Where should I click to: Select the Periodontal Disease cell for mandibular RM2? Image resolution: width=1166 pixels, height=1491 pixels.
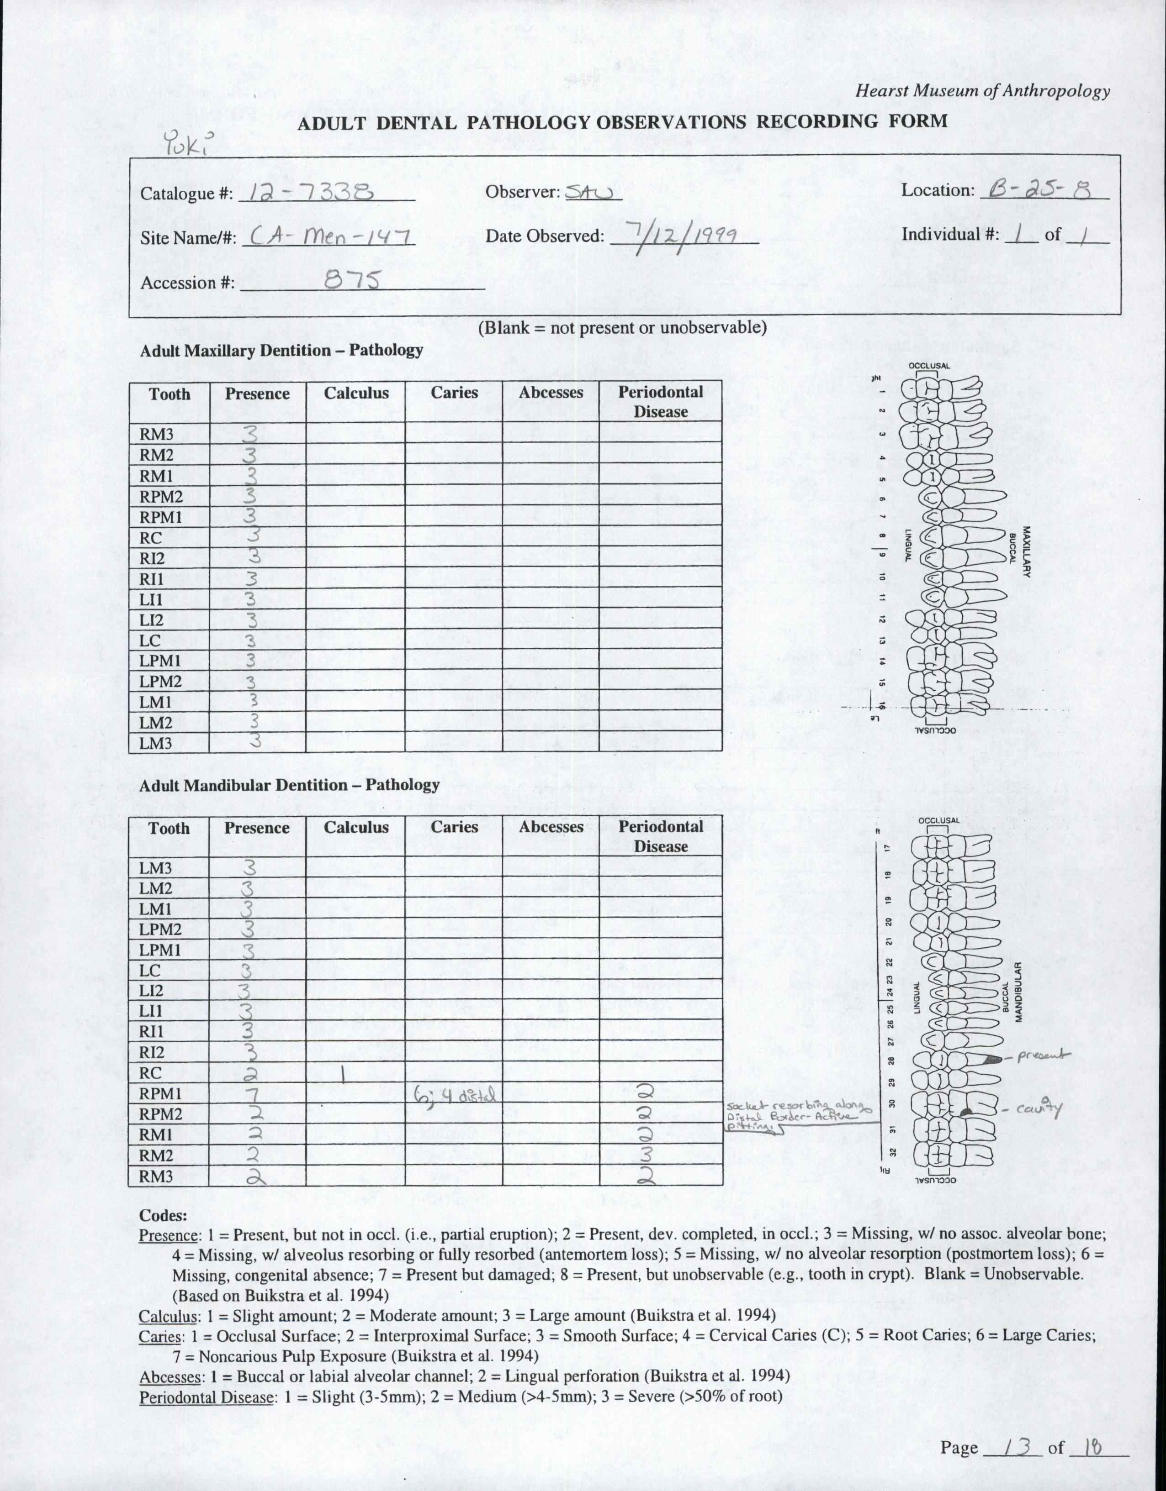660,1155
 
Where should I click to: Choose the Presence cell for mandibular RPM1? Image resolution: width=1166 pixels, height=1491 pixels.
257,1094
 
